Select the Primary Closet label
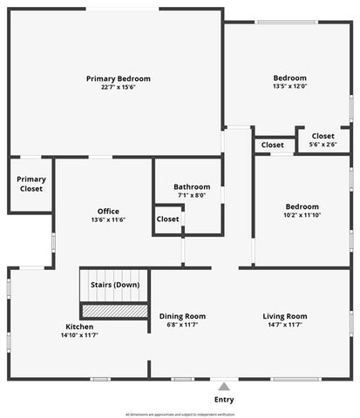point(31,184)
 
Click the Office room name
point(108,212)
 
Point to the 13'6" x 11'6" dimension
point(108,219)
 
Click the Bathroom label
point(192,187)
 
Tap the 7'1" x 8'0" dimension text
point(192,195)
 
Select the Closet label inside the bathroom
point(168,219)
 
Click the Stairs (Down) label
point(115,285)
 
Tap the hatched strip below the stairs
point(114,310)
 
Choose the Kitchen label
point(79,327)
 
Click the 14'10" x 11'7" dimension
point(79,334)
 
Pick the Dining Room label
point(182,316)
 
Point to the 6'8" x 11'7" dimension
point(182,325)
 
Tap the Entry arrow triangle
point(224,386)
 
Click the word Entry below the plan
point(224,400)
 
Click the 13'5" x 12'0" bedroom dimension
point(290,85)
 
